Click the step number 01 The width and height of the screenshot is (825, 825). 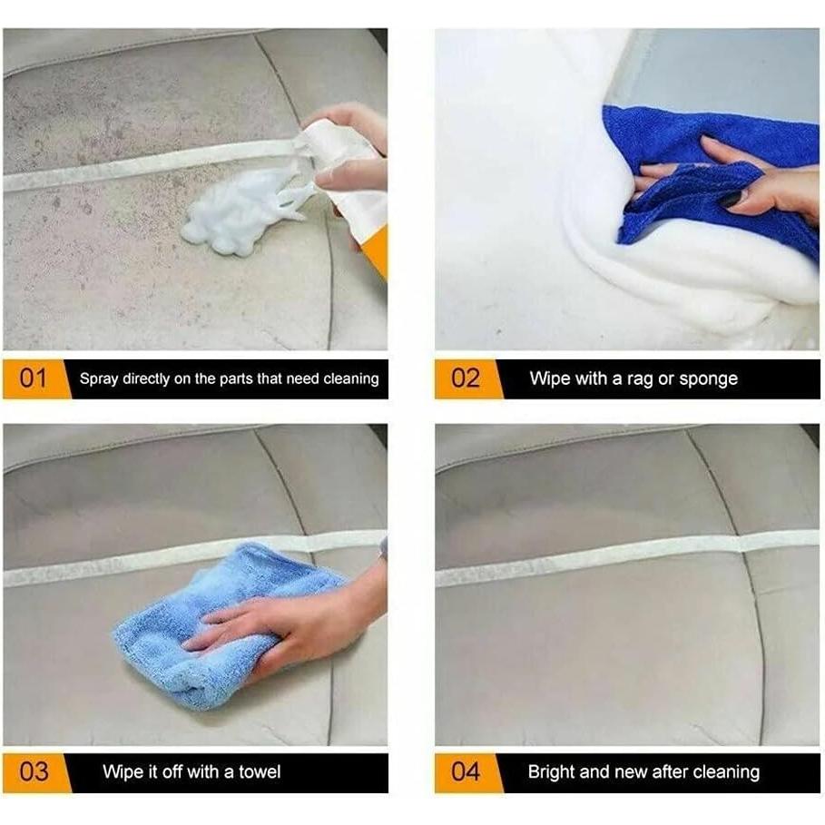pos(33,378)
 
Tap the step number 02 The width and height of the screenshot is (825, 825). pos(465,378)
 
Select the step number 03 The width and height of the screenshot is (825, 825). pos(34,772)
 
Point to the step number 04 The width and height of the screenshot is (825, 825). pos(465,772)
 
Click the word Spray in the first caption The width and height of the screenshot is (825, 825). pos(99,379)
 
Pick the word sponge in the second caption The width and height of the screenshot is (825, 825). pos(709,379)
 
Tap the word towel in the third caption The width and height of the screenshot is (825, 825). pos(259,772)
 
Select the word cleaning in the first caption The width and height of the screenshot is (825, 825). pos(350,379)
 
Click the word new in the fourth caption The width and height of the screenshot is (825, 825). pos(632,772)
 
